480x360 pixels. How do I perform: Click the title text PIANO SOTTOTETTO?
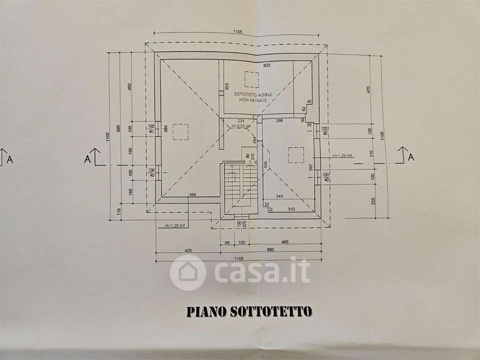pos(249,311)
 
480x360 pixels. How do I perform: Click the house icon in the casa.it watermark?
pos(188,272)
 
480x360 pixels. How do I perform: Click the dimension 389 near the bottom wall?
pos(193,195)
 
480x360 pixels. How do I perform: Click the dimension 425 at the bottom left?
pos(171,250)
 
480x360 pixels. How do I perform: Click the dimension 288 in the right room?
pos(278,121)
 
